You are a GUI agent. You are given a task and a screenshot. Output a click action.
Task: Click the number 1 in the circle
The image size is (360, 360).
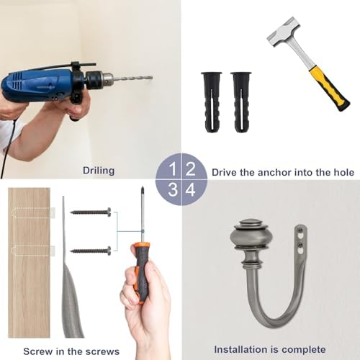171,169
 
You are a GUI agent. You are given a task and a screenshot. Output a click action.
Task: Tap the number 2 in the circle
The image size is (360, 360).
191,169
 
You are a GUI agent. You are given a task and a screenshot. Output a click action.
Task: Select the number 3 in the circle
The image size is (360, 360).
171,190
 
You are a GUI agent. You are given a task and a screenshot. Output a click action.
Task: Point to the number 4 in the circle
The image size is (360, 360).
191,190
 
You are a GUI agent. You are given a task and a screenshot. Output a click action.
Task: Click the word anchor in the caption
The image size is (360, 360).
276,173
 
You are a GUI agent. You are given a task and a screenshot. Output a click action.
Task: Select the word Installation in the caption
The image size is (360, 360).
241,348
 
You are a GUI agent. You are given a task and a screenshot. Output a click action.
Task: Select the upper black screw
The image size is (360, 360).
91,212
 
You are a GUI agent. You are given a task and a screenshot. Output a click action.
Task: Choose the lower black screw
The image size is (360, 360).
91,251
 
